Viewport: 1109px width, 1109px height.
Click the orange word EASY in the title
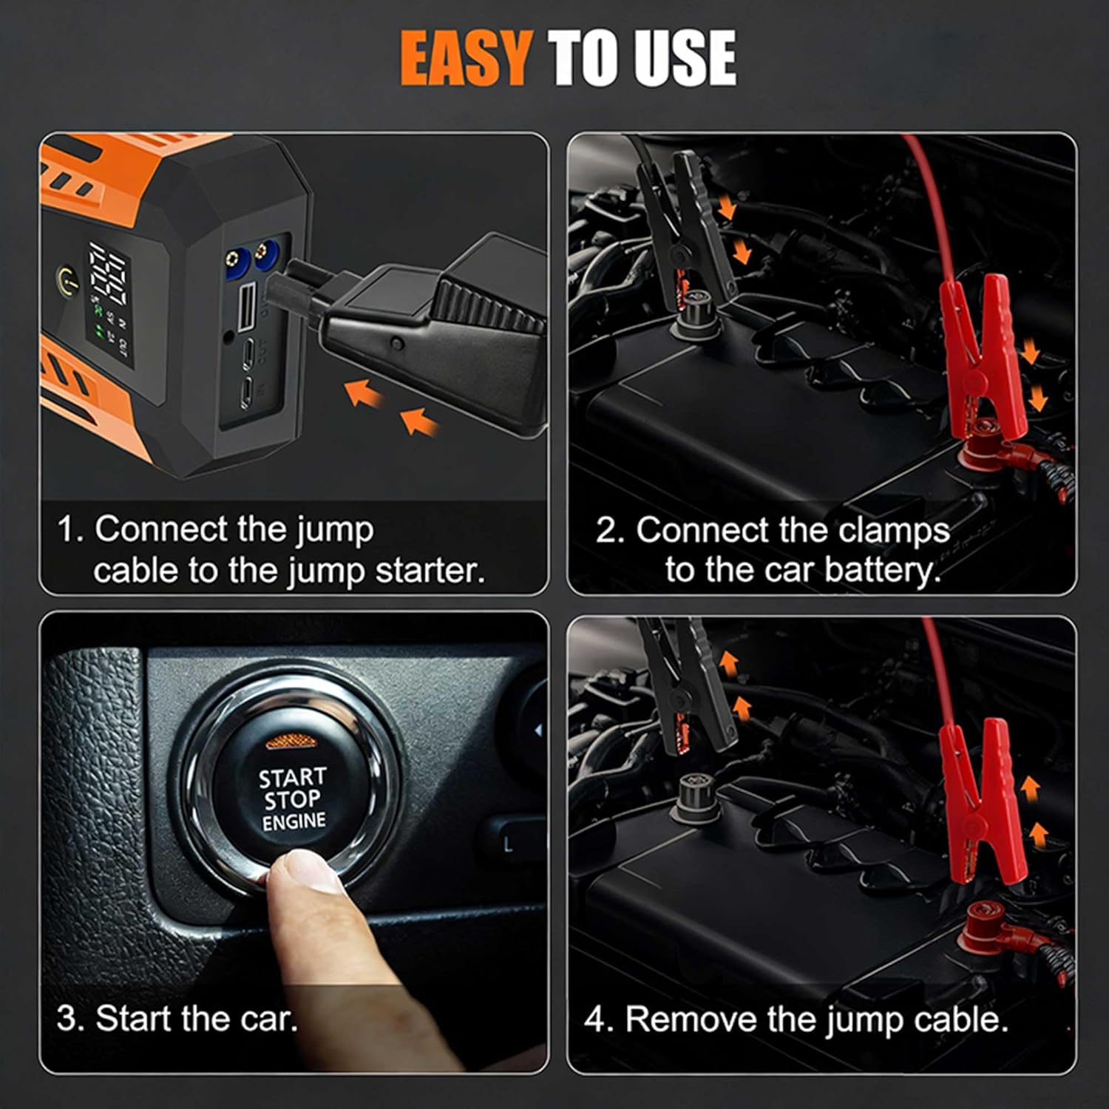(x=465, y=58)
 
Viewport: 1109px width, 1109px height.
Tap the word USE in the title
(x=684, y=58)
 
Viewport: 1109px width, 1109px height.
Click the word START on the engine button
(x=292, y=778)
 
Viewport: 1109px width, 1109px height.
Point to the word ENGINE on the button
(x=294, y=821)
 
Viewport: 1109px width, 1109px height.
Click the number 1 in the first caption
(x=67, y=530)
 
